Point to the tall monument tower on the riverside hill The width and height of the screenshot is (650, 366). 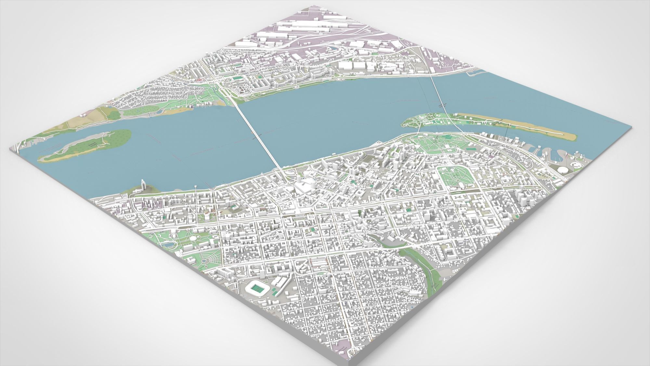click(x=142, y=184)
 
